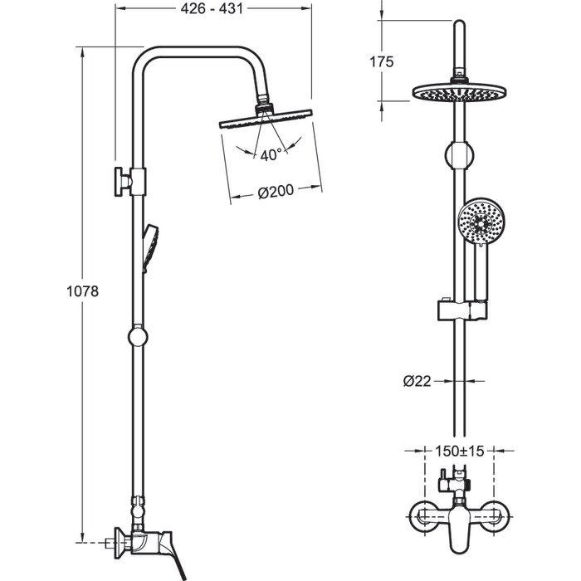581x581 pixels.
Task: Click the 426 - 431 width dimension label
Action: coord(212,8)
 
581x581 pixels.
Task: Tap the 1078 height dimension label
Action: coord(83,291)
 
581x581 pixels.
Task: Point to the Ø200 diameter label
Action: coord(276,192)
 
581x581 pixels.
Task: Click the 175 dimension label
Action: coord(381,61)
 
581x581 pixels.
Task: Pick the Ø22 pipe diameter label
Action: coord(417,381)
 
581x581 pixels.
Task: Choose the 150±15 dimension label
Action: coord(460,451)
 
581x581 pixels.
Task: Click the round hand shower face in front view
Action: coord(481,222)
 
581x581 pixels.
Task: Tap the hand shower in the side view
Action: coord(150,247)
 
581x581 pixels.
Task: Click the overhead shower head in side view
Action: coord(266,118)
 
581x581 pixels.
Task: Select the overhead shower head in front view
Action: coord(460,92)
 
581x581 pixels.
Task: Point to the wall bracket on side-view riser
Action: coord(130,181)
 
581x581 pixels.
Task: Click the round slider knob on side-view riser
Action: coord(138,336)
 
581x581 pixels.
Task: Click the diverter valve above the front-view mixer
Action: coord(454,482)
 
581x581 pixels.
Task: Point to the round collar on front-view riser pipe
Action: coord(460,155)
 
